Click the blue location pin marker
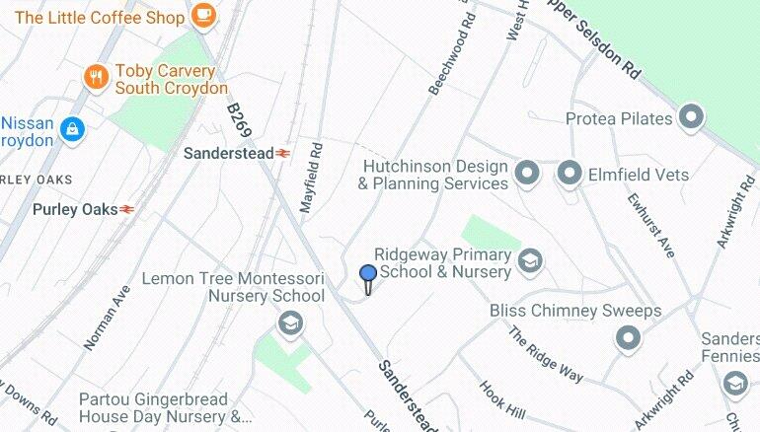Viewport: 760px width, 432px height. pos(368,275)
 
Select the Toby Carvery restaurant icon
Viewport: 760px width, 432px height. pos(96,77)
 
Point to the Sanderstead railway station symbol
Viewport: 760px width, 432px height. pos(283,153)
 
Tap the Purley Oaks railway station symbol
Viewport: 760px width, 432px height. pos(126,209)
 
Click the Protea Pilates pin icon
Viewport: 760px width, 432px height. pos(692,118)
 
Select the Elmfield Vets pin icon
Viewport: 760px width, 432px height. pos(570,175)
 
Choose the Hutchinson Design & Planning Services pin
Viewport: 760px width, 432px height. pos(528,175)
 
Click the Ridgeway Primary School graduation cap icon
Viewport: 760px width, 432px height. pos(531,261)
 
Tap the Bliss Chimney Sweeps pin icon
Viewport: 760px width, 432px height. pos(628,339)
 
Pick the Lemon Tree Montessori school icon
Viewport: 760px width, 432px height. pos(289,323)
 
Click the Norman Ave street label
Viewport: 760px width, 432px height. pos(107,318)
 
